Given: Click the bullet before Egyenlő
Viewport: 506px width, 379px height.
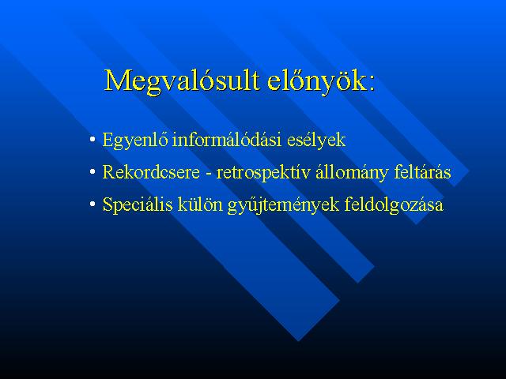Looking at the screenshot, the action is click(x=93, y=140).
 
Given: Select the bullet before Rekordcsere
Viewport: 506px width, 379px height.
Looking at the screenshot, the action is click(x=93, y=172).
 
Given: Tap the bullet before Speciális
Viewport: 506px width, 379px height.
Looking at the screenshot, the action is click(x=93, y=204).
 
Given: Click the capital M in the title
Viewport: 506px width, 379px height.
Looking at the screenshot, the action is click(x=117, y=80).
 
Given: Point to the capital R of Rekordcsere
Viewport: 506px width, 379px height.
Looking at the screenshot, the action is click(x=109, y=172).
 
